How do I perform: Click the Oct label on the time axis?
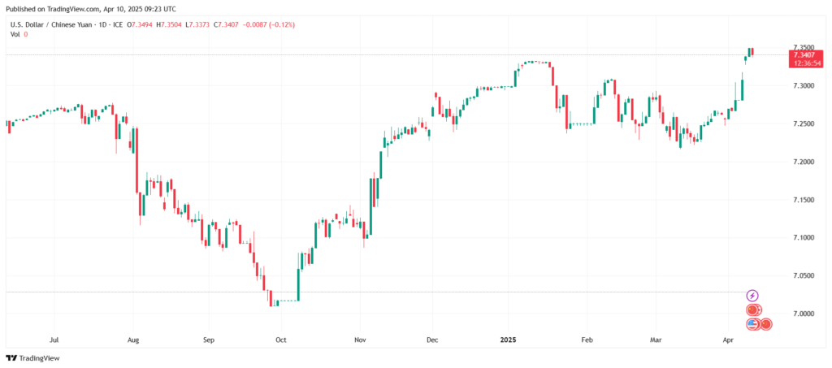coord(280,341)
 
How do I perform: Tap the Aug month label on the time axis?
coord(133,341)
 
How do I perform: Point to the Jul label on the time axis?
coord(54,341)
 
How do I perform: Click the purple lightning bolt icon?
coord(752,296)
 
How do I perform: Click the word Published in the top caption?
coord(23,7)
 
